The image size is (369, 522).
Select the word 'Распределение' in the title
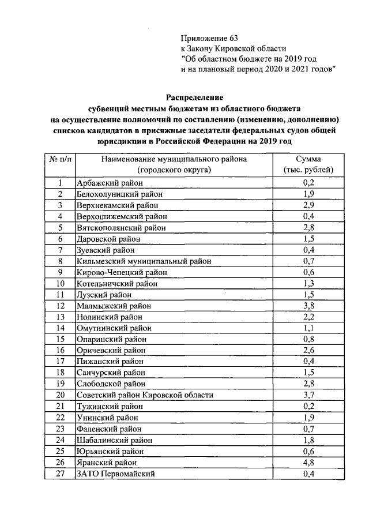[x=194, y=97]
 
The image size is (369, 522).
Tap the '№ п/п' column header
[x=60, y=164]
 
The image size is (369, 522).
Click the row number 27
[x=60, y=474]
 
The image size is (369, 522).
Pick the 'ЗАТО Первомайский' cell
[x=115, y=474]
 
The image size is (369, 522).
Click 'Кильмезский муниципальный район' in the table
[x=144, y=261]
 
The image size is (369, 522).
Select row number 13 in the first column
[x=60, y=317]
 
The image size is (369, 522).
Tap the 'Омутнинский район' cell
[x=112, y=328]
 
